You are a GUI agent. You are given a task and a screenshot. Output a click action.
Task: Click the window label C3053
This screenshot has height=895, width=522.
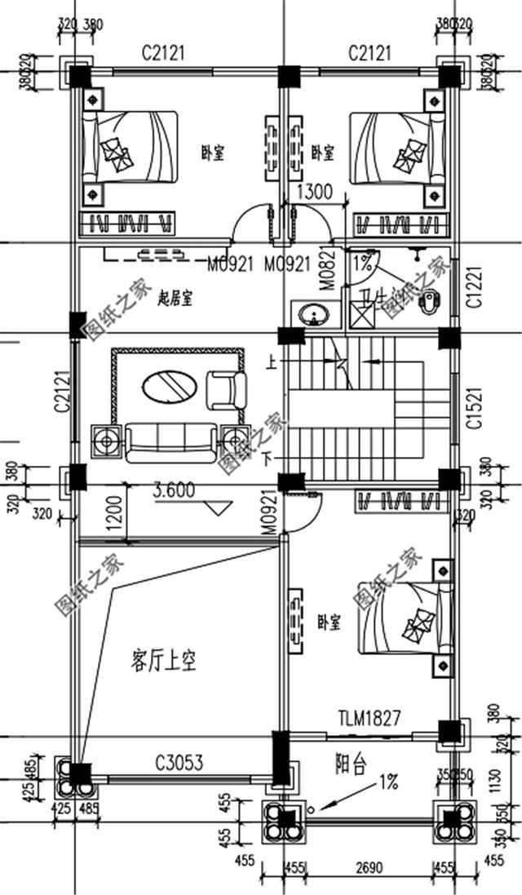(179, 763)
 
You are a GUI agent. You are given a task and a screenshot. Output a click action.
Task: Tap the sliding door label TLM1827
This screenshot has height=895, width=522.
(369, 718)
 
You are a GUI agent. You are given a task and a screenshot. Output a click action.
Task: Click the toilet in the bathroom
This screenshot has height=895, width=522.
(428, 302)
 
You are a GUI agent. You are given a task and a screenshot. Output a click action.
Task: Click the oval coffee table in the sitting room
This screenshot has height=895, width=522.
(169, 387)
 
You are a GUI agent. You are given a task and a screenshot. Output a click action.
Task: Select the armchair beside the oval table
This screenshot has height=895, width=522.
(227, 389)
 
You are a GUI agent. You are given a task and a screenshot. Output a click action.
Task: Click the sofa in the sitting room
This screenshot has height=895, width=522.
(170, 441)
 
